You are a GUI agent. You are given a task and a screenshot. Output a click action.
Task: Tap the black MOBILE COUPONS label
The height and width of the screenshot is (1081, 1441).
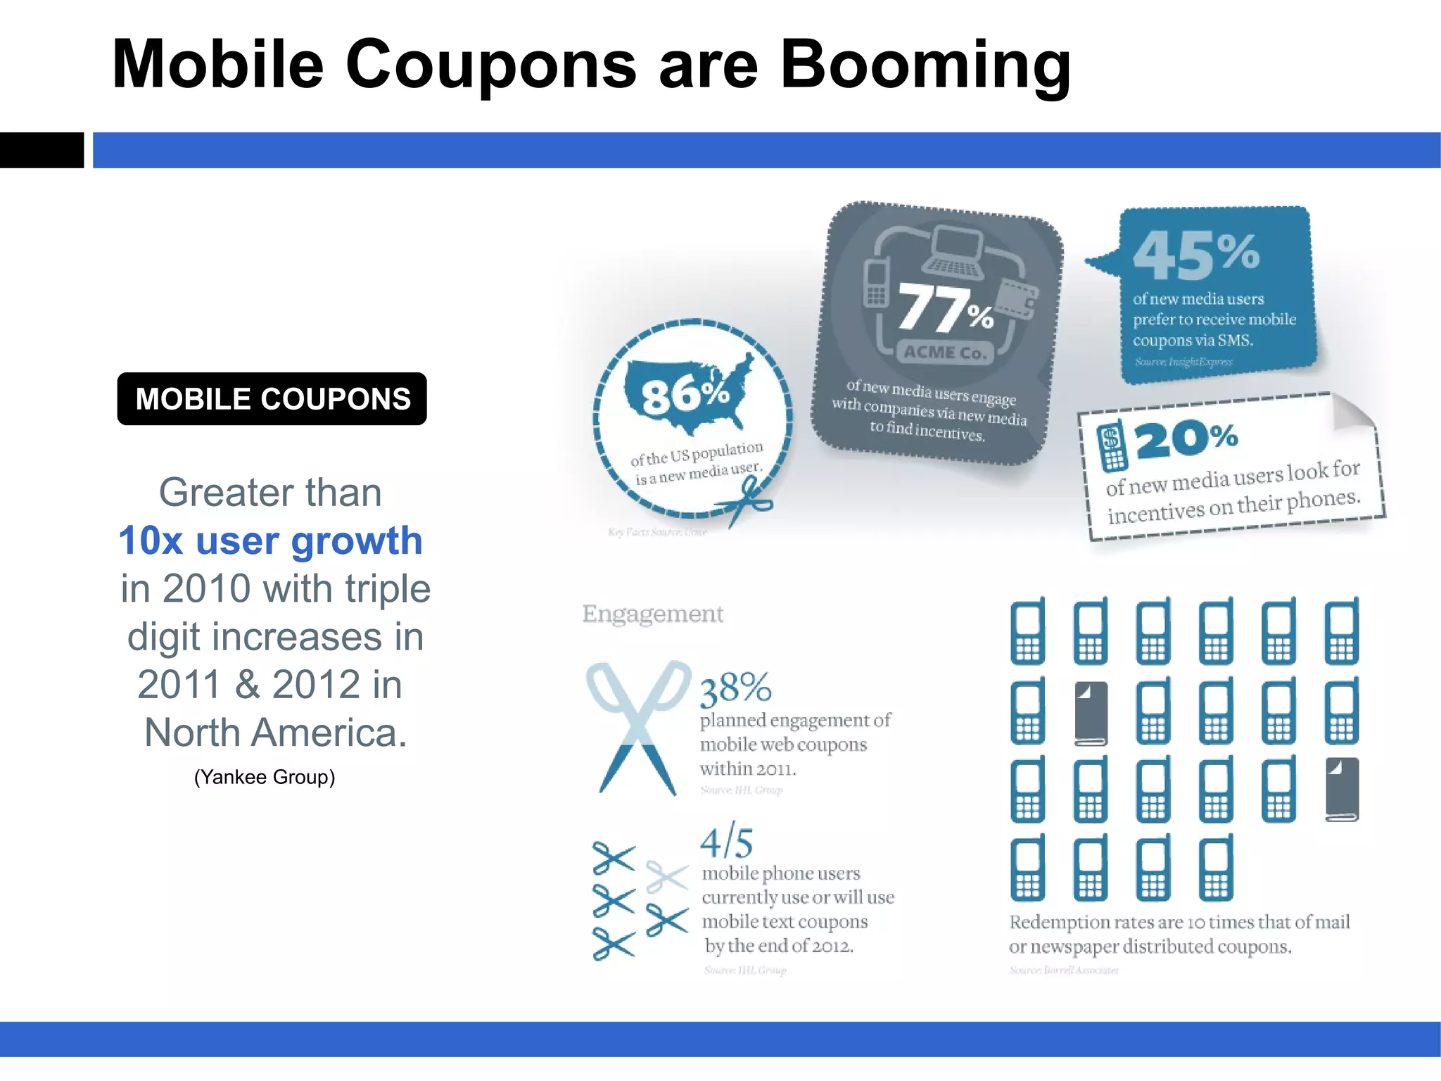tap(272, 399)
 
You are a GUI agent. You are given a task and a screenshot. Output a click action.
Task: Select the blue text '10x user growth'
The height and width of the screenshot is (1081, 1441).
tap(270, 540)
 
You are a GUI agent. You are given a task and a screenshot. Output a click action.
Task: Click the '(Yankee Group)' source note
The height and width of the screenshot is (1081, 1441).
tap(265, 777)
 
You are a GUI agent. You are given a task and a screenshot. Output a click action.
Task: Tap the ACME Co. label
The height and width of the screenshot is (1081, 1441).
tap(945, 352)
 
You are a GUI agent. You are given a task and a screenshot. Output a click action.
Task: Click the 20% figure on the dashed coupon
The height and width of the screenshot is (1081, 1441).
tap(1186, 439)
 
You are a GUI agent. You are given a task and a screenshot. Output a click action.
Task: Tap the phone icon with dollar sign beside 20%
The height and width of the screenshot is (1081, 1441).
tap(1112, 446)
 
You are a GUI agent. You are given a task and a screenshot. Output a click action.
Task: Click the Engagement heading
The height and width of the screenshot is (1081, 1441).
tap(652, 614)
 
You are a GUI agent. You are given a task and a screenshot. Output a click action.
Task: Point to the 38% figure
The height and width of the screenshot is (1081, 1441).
tap(735, 688)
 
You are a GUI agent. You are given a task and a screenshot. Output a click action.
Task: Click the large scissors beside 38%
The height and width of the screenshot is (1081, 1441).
tap(637, 726)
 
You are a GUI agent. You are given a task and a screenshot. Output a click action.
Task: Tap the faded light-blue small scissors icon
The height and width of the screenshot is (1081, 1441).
tap(666, 876)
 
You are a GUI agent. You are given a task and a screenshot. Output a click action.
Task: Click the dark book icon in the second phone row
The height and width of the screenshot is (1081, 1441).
tap(1091, 713)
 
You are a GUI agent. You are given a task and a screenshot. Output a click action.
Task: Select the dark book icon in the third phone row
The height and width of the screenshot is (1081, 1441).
tap(1342, 789)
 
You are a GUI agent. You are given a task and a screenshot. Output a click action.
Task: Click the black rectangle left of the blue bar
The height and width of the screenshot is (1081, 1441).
tap(42, 150)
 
